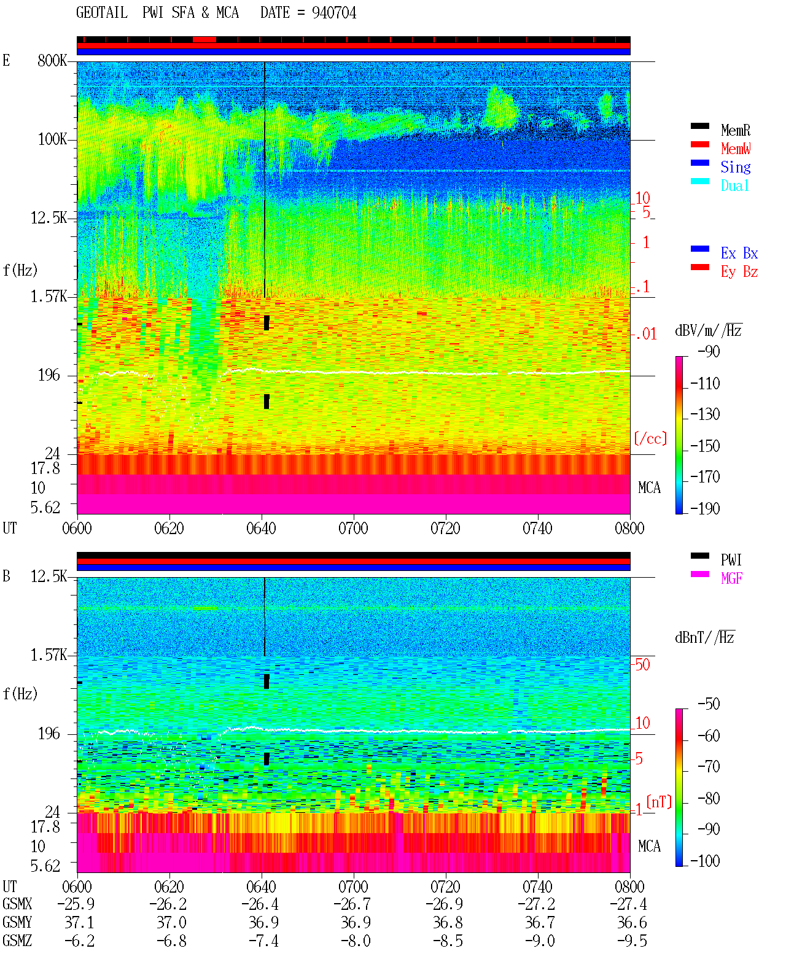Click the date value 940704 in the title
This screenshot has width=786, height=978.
click(x=333, y=13)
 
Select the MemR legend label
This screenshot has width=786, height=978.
click(x=735, y=130)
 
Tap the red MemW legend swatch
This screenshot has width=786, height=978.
click(x=699, y=144)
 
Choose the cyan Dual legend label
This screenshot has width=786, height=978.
click(x=734, y=185)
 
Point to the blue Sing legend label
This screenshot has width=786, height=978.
click(x=735, y=167)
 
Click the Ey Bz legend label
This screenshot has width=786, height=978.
click(x=739, y=272)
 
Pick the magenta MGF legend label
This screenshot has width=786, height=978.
click(x=731, y=578)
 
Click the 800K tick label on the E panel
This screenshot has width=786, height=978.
click(x=52, y=60)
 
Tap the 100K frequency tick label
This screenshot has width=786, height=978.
click(x=52, y=139)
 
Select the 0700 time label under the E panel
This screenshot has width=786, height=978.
click(x=353, y=528)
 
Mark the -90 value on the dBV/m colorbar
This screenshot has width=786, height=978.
click(x=709, y=351)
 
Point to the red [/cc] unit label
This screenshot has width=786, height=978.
click(x=650, y=438)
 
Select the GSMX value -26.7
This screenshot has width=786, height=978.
click(x=352, y=904)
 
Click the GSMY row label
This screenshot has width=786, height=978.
click(x=17, y=922)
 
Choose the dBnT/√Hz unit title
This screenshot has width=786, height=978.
click(x=704, y=637)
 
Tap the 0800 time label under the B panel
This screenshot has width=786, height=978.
click(x=629, y=887)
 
